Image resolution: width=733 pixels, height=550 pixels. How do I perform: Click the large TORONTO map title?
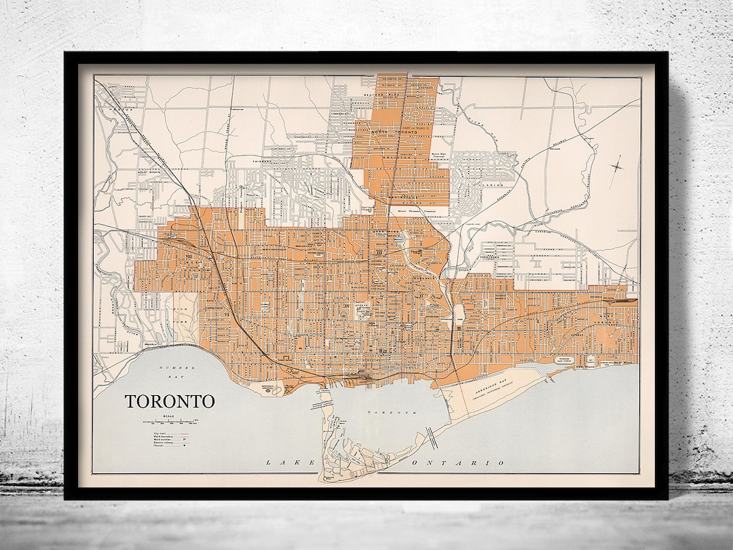click(x=170, y=401)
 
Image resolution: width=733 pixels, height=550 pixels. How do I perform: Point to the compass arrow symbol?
click(x=618, y=165)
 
